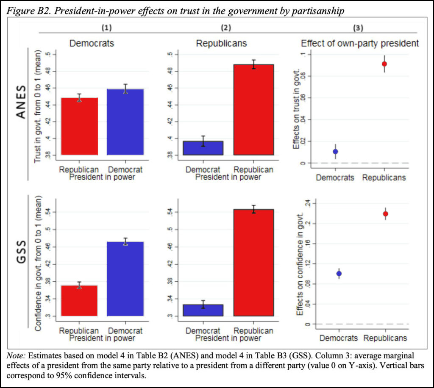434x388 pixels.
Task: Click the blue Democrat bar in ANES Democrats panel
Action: (x=125, y=122)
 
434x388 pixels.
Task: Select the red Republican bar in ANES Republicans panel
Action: (x=253, y=110)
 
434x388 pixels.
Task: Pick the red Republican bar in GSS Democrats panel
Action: (x=79, y=301)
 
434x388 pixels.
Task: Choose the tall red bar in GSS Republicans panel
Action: (x=253, y=263)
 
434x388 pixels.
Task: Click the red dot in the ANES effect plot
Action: (x=384, y=64)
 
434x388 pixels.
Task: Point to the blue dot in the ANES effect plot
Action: (x=335, y=151)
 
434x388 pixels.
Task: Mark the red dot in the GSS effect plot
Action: (x=385, y=213)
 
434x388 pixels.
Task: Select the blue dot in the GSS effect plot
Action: (x=339, y=274)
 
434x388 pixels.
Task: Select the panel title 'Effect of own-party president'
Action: (x=360, y=43)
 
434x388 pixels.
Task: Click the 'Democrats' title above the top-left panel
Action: (x=92, y=43)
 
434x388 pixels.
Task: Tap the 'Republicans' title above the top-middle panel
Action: (x=221, y=43)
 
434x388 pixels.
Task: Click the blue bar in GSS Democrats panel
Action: (x=125, y=279)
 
